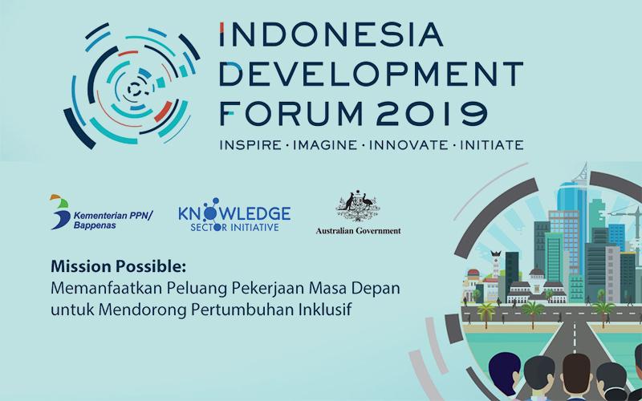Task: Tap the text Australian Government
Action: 358,232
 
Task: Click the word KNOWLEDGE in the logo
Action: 235,214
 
